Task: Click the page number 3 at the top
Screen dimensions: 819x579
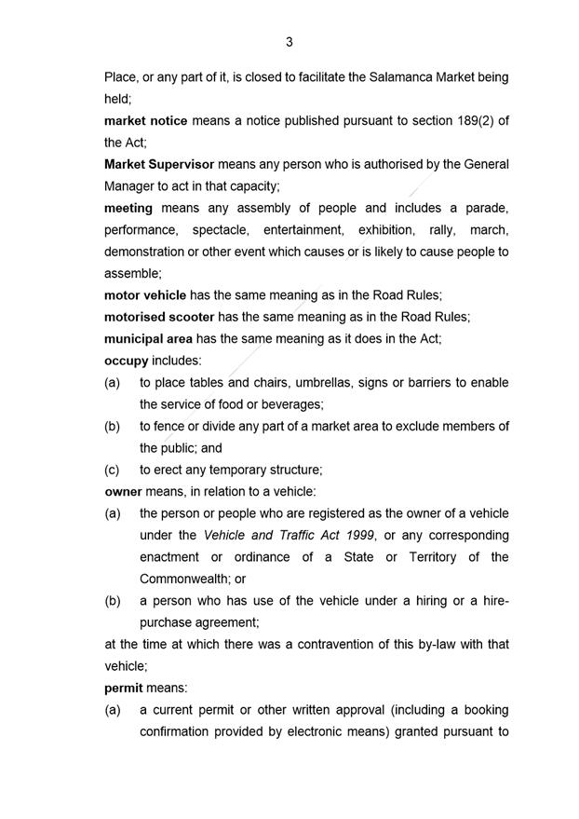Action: [x=289, y=42]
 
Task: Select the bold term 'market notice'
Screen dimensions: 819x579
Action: [x=146, y=121]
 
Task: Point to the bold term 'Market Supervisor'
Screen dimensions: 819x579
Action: [x=159, y=164]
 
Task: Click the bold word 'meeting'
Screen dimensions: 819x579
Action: [x=128, y=208]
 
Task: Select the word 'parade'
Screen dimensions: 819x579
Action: [x=486, y=208]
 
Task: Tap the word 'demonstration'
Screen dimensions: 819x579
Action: [x=145, y=252]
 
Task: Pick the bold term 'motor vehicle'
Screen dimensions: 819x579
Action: [x=145, y=295]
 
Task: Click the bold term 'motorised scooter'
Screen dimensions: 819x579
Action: [x=159, y=317]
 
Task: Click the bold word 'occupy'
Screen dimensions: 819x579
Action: [x=126, y=361]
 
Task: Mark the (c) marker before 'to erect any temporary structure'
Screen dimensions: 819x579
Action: [x=113, y=470]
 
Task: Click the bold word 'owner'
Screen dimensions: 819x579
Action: [x=123, y=491]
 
